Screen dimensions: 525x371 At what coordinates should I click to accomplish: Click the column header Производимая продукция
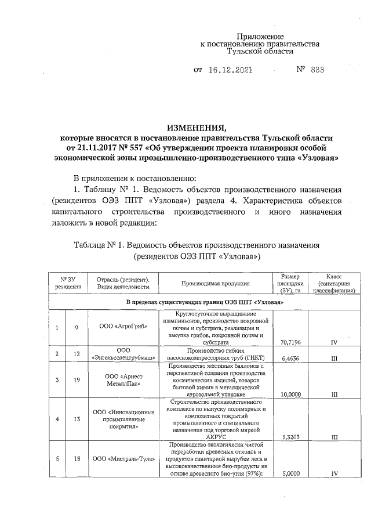215,284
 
